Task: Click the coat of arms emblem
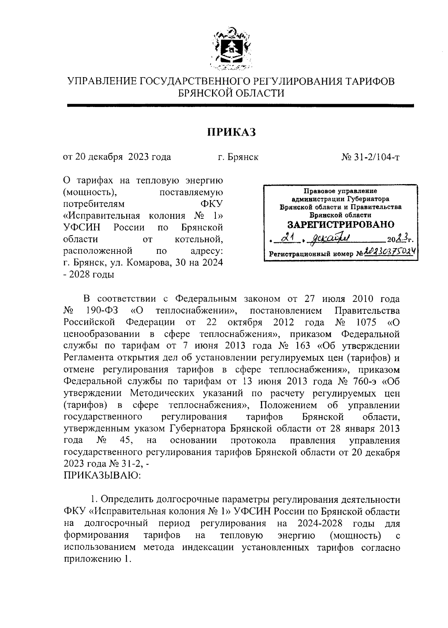230,49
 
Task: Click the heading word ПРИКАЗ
231,132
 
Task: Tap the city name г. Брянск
238,157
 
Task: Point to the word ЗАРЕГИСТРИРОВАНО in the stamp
340,225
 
